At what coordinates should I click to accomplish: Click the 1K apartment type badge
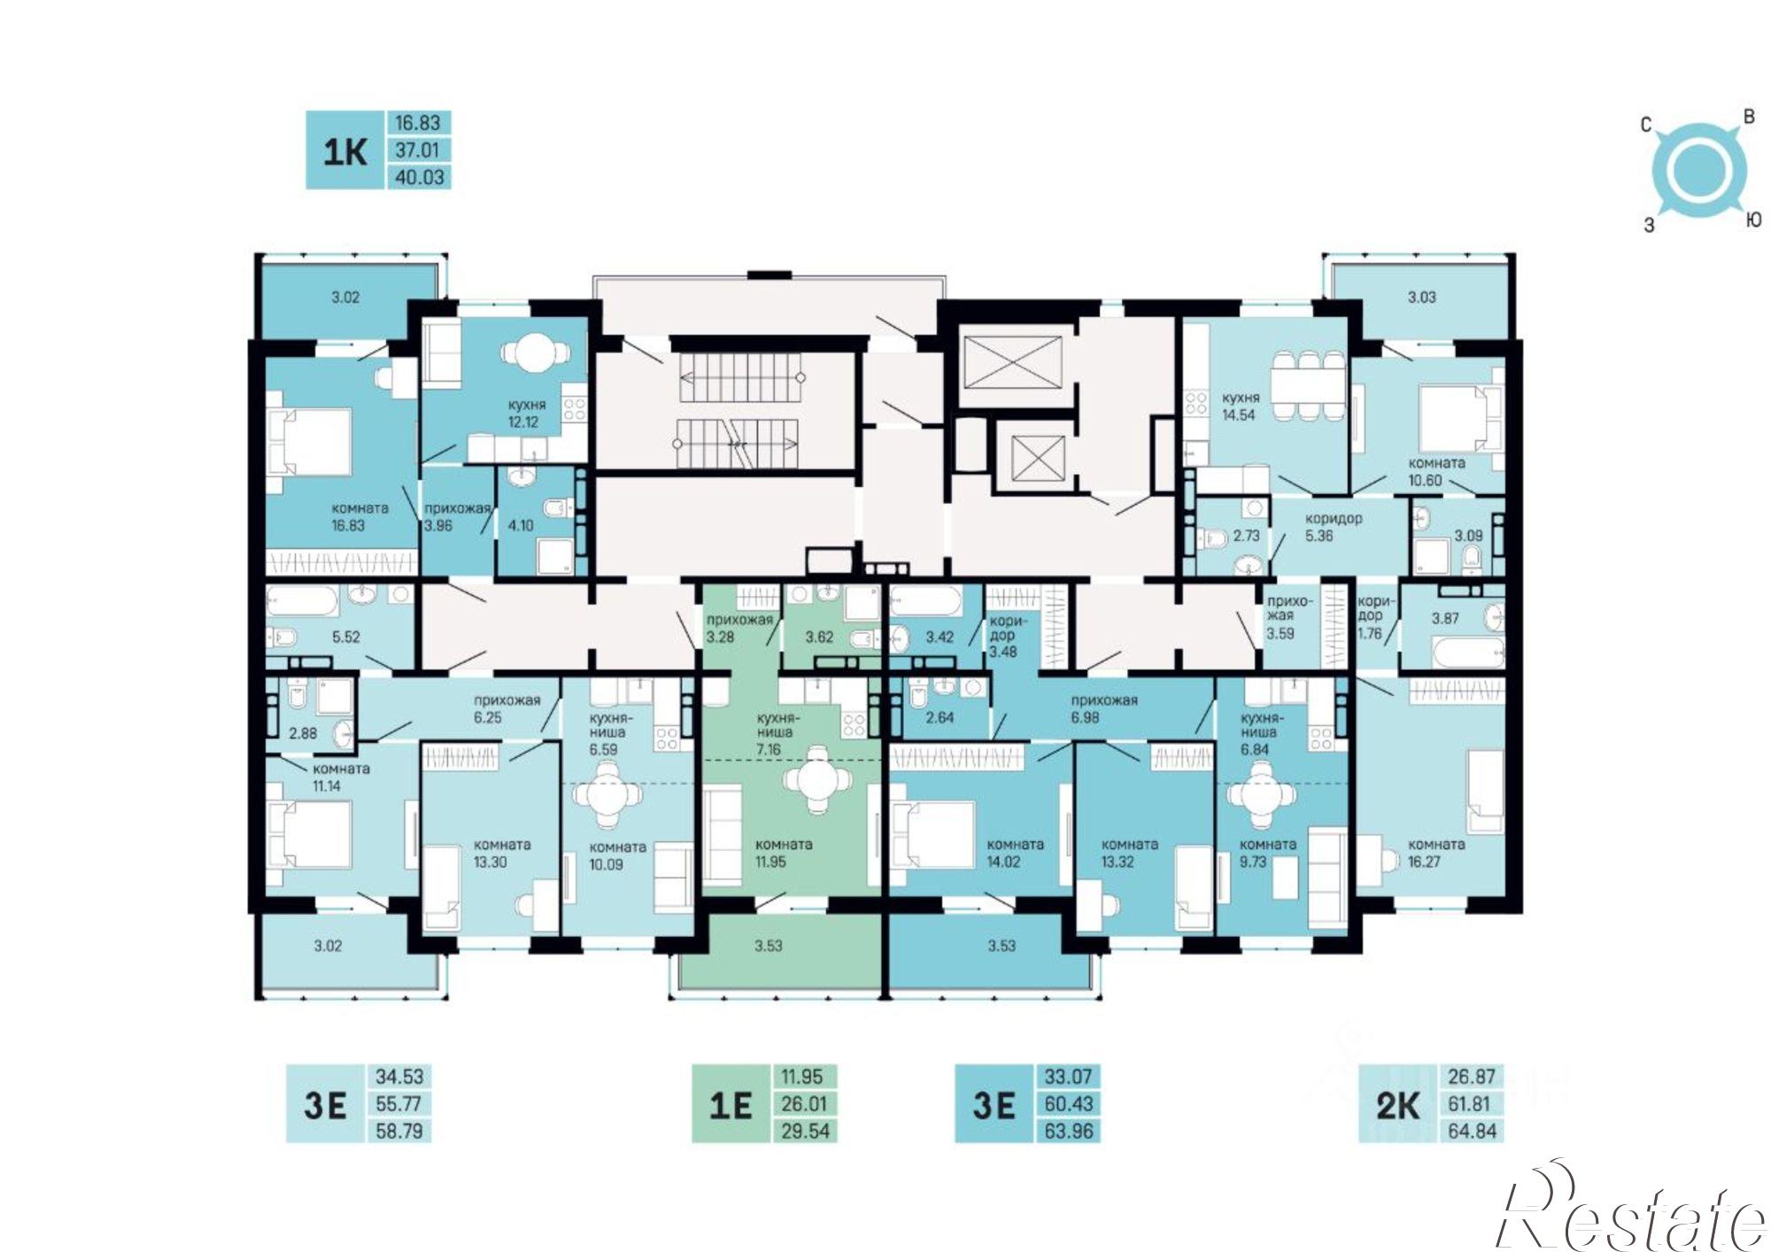tap(345, 151)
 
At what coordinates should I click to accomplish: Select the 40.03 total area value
tap(419, 177)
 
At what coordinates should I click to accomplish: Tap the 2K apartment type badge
tap(1398, 1104)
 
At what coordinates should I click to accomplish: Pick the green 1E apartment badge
tap(731, 1104)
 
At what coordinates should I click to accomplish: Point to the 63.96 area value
tap(1070, 1131)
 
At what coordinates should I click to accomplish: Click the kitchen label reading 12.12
tap(527, 413)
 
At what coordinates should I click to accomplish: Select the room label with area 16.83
tap(360, 517)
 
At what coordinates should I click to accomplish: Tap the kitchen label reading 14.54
tap(1240, 406)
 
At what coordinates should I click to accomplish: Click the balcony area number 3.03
tap(1422, 297)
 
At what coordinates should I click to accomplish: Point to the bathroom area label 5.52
tap(345, 636)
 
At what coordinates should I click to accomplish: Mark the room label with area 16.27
tap(1436, 853)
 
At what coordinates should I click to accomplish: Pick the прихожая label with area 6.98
tap(1103, 708)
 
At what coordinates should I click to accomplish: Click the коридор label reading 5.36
tap(1333, 527)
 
